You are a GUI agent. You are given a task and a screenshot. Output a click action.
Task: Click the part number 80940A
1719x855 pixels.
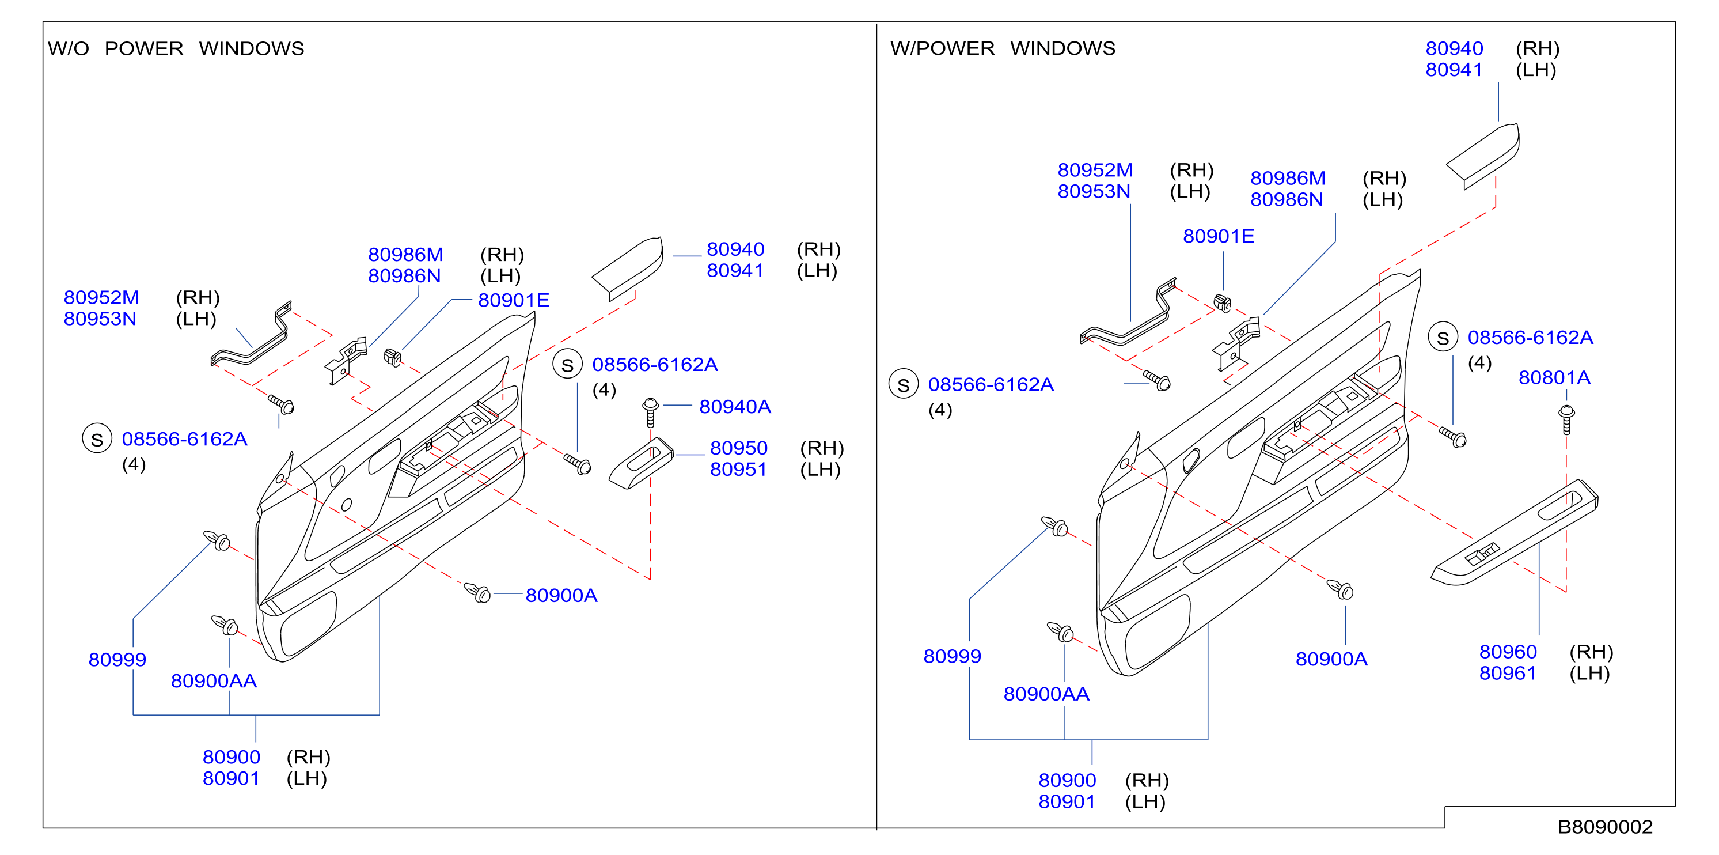click(735, 407)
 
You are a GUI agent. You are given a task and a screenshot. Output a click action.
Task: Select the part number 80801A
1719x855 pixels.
click(1554, 378)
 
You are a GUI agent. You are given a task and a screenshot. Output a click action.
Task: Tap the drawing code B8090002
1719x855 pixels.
click(1605, 827)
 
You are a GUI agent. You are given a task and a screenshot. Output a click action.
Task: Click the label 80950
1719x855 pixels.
click(738, 448)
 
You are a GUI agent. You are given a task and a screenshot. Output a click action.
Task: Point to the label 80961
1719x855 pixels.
click(1508, 673)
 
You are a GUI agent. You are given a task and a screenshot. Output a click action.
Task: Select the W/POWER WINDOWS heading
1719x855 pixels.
click(1002, 48)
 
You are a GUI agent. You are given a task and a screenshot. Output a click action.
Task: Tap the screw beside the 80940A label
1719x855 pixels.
click(650, 413)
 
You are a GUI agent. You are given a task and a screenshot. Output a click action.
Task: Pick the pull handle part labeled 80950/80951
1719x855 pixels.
click(640, 463)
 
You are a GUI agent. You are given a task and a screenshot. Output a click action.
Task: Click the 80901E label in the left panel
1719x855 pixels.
click(513, 300)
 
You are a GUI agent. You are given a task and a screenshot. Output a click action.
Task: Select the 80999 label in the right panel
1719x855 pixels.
click(951, 656)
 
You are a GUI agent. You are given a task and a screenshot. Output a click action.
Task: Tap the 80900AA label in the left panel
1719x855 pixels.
click(214, 681)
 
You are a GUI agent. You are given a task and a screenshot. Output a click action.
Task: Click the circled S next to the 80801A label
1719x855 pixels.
click(1442, 338)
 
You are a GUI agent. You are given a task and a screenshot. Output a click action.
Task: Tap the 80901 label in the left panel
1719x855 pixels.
click(231, 778)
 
